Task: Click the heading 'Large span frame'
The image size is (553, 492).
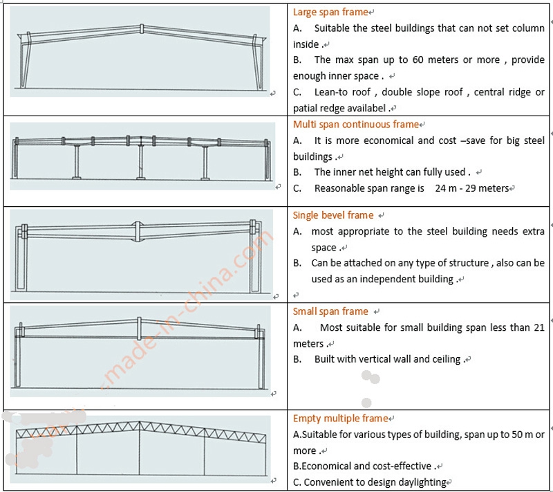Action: [330, 12]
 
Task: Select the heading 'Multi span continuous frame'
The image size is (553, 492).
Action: [355, 125]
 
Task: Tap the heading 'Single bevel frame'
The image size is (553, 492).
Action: [332, 215]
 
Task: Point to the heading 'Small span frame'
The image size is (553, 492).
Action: [330, 311]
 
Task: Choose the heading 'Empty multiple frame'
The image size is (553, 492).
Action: [340, 418]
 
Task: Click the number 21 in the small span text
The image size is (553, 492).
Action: [539, 327]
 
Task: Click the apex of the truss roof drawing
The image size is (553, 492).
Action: [140, 423]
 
